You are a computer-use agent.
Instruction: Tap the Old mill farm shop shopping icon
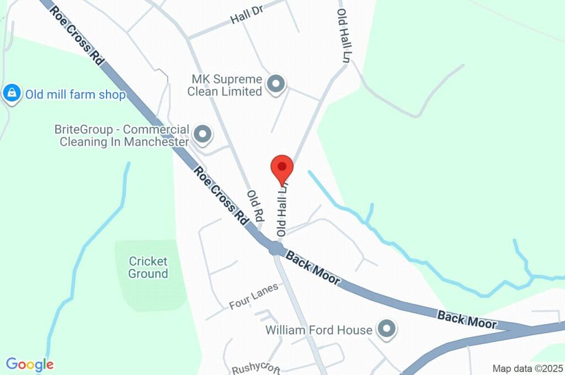[x=12, y=94]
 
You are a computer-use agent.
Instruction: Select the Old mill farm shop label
[x=75, y=95]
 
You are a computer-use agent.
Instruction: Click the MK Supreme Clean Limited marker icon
[x=275, y=84]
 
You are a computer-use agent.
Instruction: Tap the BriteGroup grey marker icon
[x=203, y=134]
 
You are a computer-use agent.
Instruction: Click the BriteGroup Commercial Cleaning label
[x=121, y=136]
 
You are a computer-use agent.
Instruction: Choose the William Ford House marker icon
[x=386, y=330]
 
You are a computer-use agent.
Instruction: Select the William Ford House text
[x=319, y=330]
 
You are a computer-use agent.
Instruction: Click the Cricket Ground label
[x=148, y=267]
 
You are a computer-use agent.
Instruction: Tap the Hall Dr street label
[x=247, y=17]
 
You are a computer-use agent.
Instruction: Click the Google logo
[x=30, y=365]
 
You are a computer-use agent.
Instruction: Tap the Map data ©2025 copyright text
[x=527, y=368]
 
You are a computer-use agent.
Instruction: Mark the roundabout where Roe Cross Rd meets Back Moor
[x=275, y=248]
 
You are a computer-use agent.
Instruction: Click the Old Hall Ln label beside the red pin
[x=282, y=212]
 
